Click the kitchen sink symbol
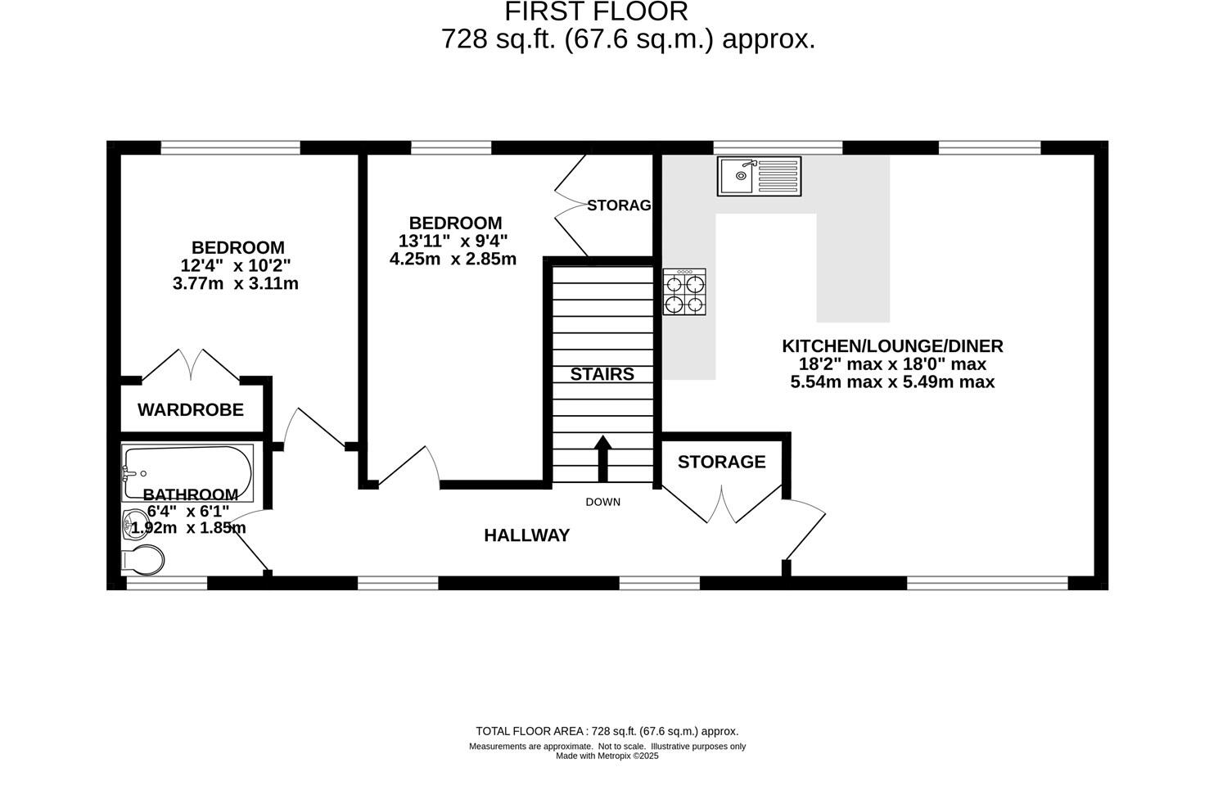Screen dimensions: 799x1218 [x=759, y=176]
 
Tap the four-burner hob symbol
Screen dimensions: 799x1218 [x=684, y=293]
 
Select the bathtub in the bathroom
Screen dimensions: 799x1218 [x=187, y=473]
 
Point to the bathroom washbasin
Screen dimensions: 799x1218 [x=131, y=524]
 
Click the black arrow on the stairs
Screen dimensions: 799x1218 [x=602, y=458]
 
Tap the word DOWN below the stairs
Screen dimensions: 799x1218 [x=602, y=502]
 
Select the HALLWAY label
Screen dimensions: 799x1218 [x=526, y=535]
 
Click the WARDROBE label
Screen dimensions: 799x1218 [x=190, y=410]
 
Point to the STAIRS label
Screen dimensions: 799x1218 [x=602, y=374]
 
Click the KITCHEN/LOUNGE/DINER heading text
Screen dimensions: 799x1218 [x=892, y=346]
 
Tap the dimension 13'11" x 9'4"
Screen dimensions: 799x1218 [x=453, y=241]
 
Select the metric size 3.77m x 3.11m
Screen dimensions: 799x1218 [x=235, y=284]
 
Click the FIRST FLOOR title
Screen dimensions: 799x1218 [x=596, y=12]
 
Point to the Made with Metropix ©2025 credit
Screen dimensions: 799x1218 [x=607, y=756]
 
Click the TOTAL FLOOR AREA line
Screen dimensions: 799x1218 [x=607, y=731]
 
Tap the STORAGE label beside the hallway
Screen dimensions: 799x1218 [x=721, y=462]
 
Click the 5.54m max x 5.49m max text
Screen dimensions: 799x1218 [x=892, y=382]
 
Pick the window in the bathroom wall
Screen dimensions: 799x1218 [x=166, y=583]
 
